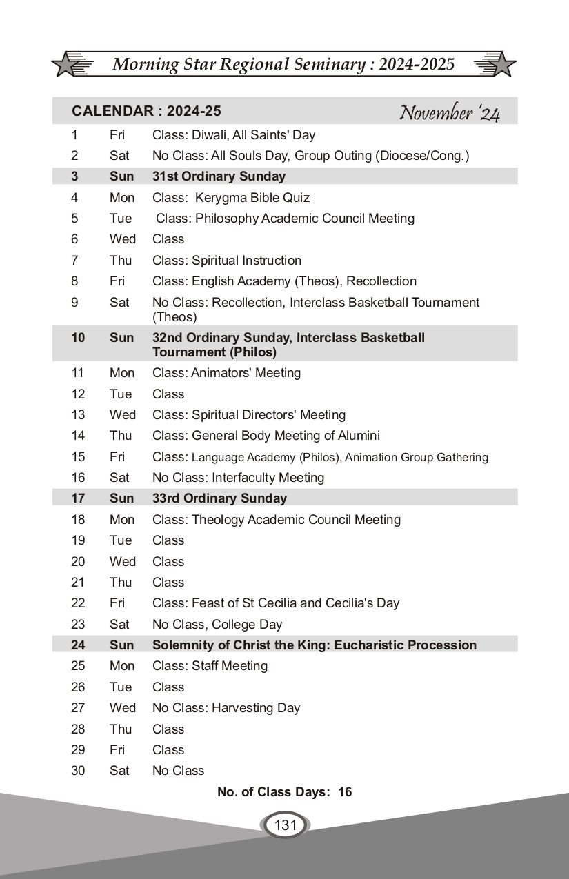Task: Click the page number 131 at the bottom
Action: (x=285, y=825)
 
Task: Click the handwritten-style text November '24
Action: (x=450, y=112)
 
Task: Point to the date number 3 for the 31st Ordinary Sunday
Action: (x=74, y=176)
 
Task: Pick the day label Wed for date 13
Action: (x=122, y=415)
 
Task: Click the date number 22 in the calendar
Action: (x=78, y=603)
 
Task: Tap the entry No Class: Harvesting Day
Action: (x=226, y=708)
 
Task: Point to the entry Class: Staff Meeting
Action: (x=210, y=666)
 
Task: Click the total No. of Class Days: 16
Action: (x=284, y=792)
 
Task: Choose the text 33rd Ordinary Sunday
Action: (x=219, y=498)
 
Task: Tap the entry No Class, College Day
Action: (x=217, y=625)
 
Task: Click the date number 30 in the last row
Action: (x=78, y=771)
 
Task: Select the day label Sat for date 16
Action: (x=119, y=478)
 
